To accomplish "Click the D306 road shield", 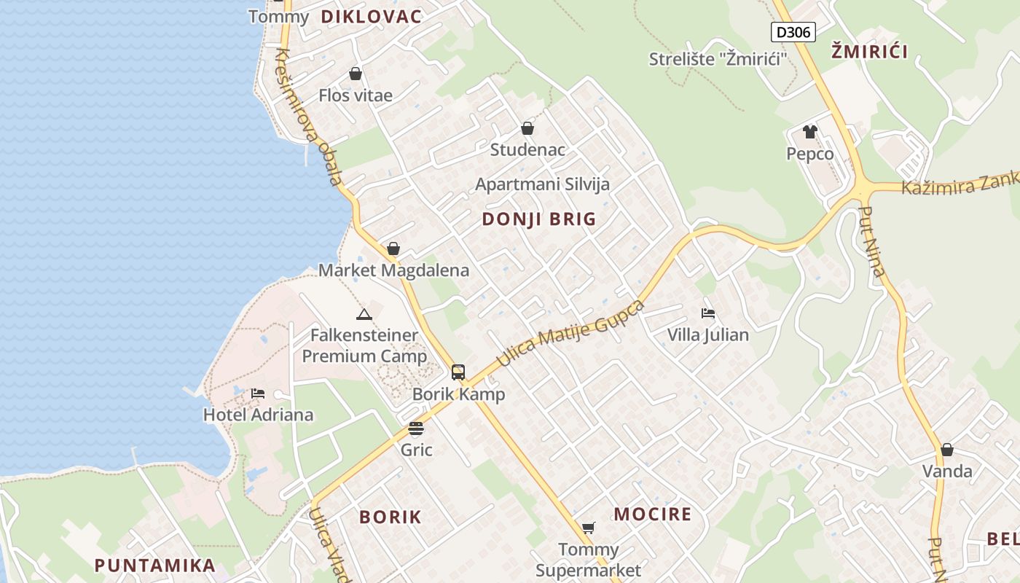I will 793,32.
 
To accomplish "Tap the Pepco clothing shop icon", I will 809,132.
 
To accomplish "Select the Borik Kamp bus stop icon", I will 458,372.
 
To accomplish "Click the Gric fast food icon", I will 416,428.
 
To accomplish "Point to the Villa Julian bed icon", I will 707,313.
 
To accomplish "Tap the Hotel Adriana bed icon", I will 257,394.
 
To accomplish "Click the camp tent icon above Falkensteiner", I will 364,314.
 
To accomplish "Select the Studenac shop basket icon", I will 527,129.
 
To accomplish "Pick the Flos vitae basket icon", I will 356,74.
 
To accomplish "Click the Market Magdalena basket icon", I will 393,249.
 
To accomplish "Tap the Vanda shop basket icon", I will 946,450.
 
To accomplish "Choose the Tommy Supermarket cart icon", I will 588,528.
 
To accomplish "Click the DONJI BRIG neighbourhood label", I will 539,219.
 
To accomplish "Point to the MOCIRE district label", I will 652,514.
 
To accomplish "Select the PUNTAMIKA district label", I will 154,566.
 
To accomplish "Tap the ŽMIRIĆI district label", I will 870,52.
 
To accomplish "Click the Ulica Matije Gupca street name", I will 570,334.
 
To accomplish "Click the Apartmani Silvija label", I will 542,184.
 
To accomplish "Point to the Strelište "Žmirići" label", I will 718,59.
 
